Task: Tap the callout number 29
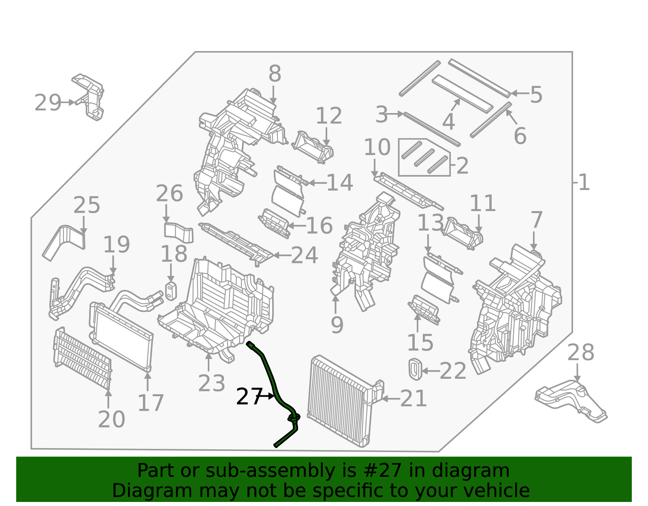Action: coord(47,103)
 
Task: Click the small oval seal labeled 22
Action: coord(415,369)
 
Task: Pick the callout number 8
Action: coord(275,75)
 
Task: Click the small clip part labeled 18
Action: coord(171,291)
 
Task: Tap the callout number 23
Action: coord(211,383)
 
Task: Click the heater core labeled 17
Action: coord(122,336)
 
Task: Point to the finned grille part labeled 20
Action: coord(82,358)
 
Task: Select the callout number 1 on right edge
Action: coord(584,183)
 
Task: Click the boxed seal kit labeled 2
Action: coord(424,158)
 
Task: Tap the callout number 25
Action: coord(86,205)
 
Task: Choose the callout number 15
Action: coord(420,343)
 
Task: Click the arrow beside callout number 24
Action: coord(281,255)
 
